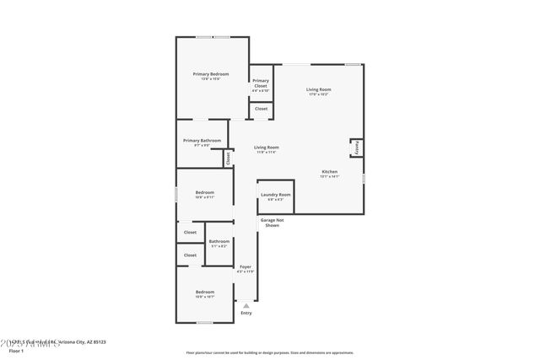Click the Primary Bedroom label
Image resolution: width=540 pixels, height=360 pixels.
coord(210,74)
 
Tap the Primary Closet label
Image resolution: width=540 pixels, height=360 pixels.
coord(260,83)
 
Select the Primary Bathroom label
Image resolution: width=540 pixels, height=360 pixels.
coord(202,141)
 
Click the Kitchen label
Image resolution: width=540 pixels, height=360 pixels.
coord(329,172)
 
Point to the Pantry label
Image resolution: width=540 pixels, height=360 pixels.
coord(357,148)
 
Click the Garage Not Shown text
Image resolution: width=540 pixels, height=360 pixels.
coord(272,223)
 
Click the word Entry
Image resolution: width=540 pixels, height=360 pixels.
coord(246,313)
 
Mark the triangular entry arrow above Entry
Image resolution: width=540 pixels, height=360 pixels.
coord(246,305)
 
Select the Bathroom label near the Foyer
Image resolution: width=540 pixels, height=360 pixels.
coord(219,242)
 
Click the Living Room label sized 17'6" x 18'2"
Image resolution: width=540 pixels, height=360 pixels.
coord(318,89)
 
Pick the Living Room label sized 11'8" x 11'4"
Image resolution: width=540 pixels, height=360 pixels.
coord(267,148)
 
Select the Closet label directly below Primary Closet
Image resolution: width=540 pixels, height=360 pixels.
coord(261,109)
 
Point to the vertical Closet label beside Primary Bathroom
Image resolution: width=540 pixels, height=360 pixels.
coord(228,158)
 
